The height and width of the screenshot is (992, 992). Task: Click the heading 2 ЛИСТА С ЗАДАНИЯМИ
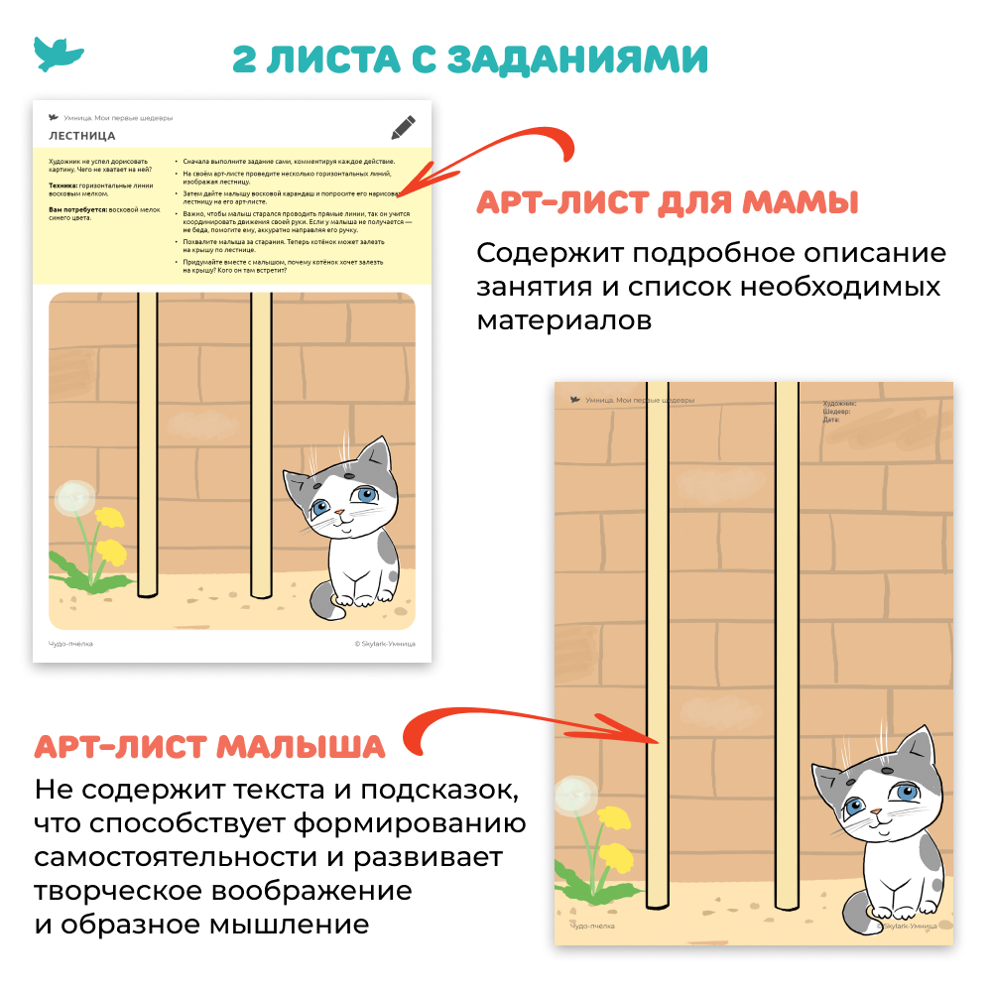(x=470, y=59)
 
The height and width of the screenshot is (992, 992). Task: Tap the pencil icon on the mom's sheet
(x=403, y=127)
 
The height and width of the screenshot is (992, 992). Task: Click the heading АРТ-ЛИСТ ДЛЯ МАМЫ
(x=667, y=202)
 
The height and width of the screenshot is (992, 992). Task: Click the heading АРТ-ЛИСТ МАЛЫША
(x=209, y=745)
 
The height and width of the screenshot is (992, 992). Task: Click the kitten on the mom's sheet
(x=349, y=526)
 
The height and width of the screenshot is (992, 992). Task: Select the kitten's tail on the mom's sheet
(x=323, y=599)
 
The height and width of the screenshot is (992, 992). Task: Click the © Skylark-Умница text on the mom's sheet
(x=385, y=643)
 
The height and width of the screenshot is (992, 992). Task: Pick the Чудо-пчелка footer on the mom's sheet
(x=70, y=643)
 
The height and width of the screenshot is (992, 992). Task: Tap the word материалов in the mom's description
(x=564, y=321)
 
